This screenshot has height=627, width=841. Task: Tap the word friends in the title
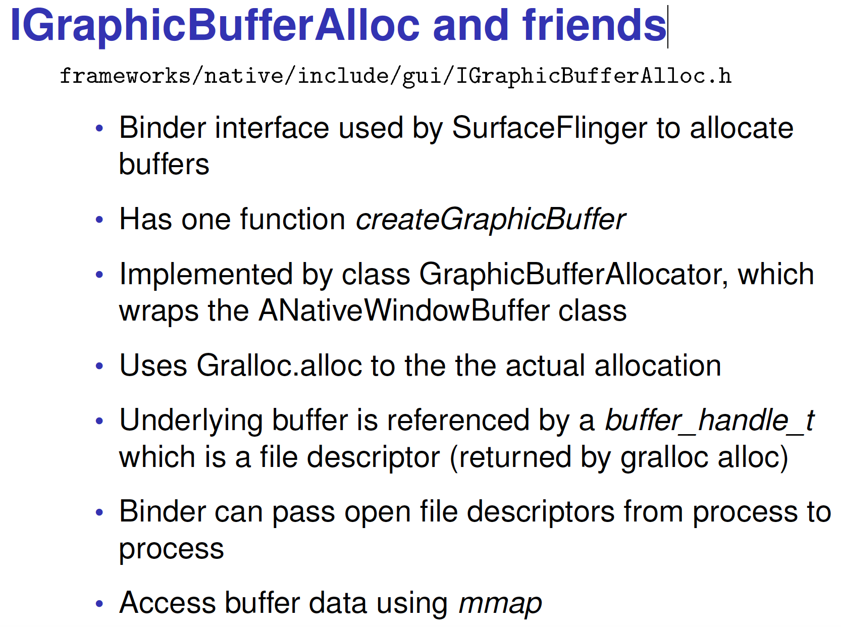594,25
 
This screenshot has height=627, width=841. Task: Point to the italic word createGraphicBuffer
491,220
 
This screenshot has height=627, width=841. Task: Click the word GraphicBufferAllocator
573,275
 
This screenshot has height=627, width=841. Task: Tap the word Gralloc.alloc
279,365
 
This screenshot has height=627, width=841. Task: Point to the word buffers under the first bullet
164,164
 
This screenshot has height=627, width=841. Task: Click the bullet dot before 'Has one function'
99,220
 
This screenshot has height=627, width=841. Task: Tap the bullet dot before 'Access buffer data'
99,604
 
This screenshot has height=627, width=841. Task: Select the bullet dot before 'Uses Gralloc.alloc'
99,366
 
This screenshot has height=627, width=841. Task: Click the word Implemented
206,275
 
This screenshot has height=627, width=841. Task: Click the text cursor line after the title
668,27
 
